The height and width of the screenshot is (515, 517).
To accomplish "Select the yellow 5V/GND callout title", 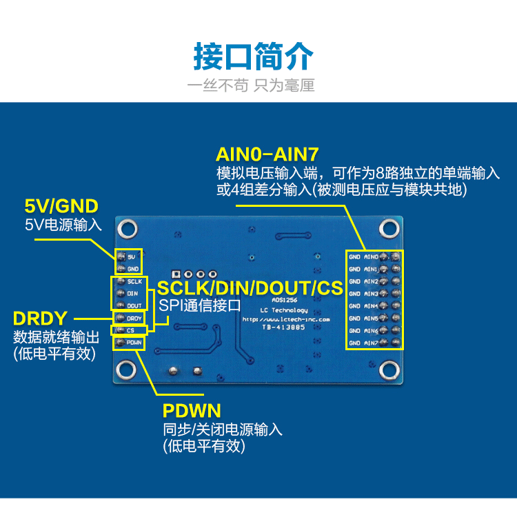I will click(61, 205).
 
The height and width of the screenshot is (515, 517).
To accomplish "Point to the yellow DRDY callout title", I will click(40, 319).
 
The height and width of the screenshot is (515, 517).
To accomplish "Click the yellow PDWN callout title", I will click(192, 411).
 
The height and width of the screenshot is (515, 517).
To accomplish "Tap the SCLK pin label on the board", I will click(134, 281).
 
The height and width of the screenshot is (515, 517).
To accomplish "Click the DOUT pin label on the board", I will click(134, 305).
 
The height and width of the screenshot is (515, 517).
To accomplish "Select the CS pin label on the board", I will click(130, 330).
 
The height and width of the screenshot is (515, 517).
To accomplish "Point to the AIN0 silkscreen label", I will click(371, 257).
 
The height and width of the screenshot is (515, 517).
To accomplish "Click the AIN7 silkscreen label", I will click(371, 343).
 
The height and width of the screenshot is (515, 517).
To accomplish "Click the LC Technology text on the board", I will click(285, 311).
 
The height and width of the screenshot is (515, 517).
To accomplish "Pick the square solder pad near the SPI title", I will click(175, 274).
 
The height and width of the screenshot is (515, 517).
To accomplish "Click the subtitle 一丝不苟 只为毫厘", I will click(252, 85).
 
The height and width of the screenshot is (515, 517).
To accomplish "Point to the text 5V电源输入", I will click(63, 224).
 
